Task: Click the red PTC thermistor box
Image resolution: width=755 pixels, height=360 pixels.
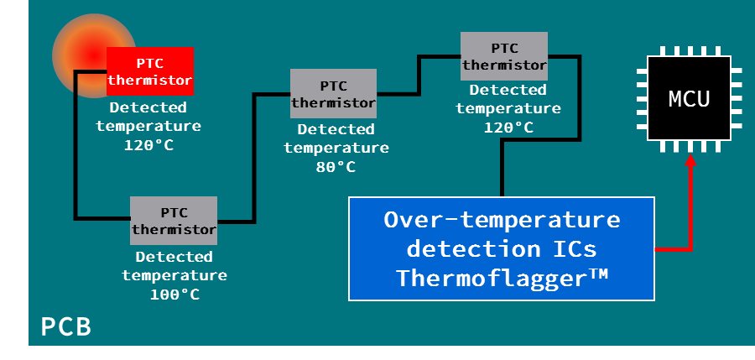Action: (x=150, y=70)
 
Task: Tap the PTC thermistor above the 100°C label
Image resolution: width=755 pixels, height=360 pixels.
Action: (x=174, y=220)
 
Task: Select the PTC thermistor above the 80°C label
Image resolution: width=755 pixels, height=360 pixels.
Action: (x=333, y=93)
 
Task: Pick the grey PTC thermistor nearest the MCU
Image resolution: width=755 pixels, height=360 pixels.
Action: (x=504, y=56)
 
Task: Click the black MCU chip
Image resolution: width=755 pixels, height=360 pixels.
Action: (x=689, y=99)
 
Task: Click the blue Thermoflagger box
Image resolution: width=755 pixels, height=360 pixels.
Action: (x=502, y=248)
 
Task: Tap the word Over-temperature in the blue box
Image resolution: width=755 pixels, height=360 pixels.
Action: (x=502, y=220)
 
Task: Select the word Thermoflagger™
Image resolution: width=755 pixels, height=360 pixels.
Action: (x=502, y=277)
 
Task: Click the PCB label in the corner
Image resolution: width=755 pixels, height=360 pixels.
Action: (x=65, y=326)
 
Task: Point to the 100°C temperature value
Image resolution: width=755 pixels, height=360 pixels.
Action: (x=174, y=294)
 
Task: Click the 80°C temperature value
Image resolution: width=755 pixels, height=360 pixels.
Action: (x=336, y=166)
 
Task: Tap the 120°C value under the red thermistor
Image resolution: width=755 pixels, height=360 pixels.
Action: (x=148, y=144)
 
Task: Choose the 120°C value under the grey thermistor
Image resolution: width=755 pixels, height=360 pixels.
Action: (x=508, y=127)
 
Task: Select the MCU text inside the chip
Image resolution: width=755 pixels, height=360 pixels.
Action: (x=689, y=99)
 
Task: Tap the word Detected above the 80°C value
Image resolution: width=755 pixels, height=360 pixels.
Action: (x=336, y=129)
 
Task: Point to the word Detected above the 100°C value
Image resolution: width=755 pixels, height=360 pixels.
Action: (x=174, y=257)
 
